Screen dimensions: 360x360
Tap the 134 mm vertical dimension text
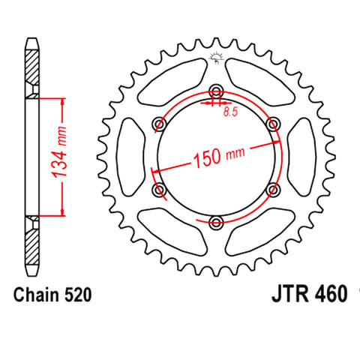tap(59, 152)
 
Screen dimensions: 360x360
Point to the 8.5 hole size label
tap(230, 112)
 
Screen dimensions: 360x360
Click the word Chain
tap(37, 295)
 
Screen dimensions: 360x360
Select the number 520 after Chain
tap(78, 295)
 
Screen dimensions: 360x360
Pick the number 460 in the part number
tap(331, 294)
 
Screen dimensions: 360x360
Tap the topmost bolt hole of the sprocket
tap(216, 91)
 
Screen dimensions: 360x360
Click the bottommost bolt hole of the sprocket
tap(216, 222)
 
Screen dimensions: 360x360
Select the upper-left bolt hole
tap(159, 124)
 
